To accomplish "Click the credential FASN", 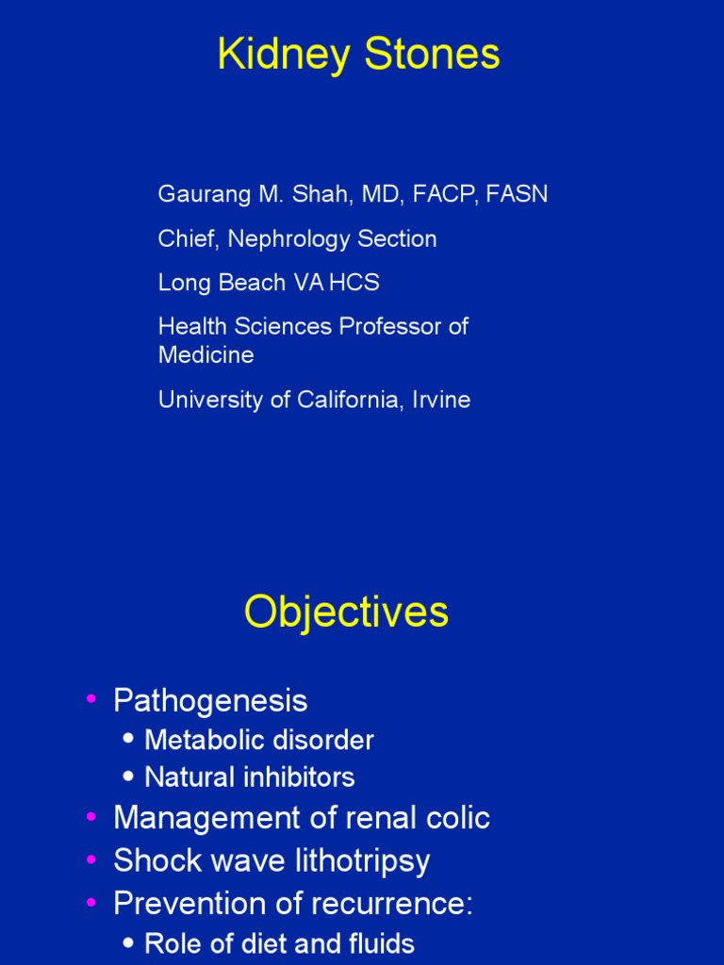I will pos(519,195).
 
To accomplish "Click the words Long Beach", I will pos(214,283).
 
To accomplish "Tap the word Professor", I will pos(390,327).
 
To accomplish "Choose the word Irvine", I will pos(440,400).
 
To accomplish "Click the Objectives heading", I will pos(346,613).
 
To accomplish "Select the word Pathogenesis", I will pos(210,701).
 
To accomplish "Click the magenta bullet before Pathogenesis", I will pos(91,699).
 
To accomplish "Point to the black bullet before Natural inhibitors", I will pos(128,777).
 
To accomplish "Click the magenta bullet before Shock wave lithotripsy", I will pos(91,859).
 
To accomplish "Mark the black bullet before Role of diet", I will pos(128,944).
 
